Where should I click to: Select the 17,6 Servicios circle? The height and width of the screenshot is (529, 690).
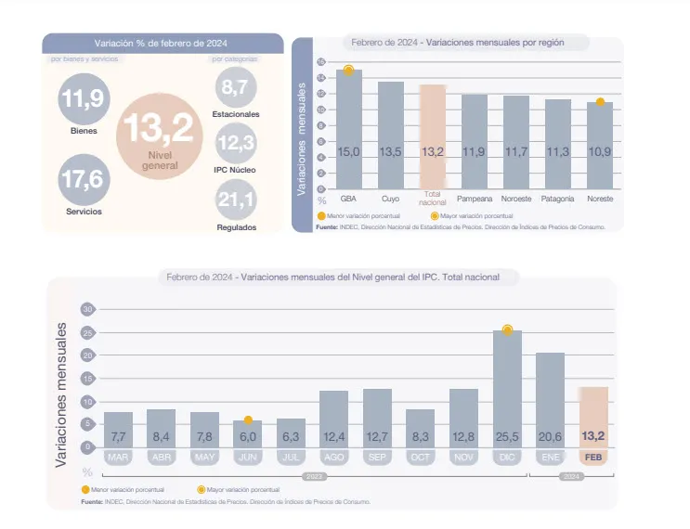[x=84, y=178]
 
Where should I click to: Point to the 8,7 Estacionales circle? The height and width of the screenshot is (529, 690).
[x=235, y=89]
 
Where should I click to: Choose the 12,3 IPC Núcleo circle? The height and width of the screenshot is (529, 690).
[x=235, y=143]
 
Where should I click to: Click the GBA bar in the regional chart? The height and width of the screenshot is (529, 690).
[x=349, y=130]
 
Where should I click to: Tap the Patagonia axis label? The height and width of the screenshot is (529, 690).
[x=558, y=199]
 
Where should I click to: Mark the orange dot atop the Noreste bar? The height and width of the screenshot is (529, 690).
[x=600, y=101]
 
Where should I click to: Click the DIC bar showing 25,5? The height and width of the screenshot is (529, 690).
[x=507, y=390]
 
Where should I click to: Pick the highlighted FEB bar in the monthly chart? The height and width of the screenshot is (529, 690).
[x=593, y=418]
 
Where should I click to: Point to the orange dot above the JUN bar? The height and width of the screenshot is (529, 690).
[x=248, y=420]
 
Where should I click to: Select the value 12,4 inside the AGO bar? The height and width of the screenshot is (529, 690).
[x=334, y=435]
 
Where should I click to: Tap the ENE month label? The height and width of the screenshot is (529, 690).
[x=550, y=458]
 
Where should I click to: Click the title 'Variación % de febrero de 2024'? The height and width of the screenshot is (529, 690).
[x=161, y=44]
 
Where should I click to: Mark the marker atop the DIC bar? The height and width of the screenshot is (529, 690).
[x=507, y=329]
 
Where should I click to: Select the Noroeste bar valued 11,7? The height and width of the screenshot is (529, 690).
[x=516, y=144]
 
